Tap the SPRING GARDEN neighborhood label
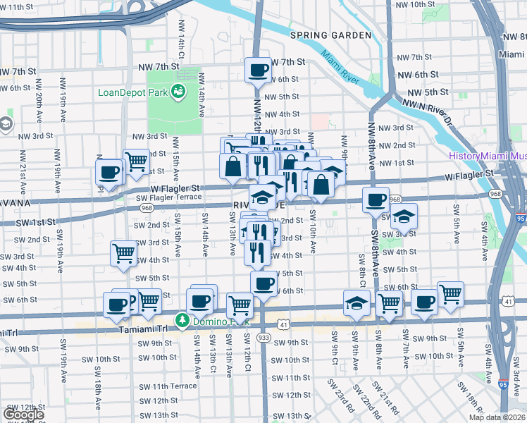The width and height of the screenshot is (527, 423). click(330, 35)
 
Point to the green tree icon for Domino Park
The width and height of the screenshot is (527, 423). click(182, 321)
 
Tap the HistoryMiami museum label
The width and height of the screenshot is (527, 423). click(488, 155)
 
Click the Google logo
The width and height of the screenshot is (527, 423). click(23, 415)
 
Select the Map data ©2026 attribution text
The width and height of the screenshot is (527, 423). click(495, 417)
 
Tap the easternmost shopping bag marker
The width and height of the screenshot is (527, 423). click(321, 185)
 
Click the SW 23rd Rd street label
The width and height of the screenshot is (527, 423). click(345, 398)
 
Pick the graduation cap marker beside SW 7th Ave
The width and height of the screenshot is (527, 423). click(404, 216)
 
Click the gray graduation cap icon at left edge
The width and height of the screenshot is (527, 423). click(5, 125)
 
